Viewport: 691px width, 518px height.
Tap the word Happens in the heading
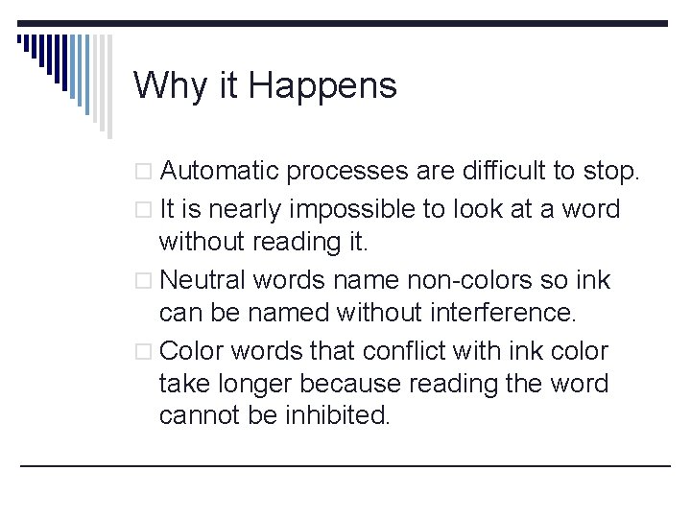(x=322, y=86)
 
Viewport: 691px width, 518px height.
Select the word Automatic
(x=220, y=173)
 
